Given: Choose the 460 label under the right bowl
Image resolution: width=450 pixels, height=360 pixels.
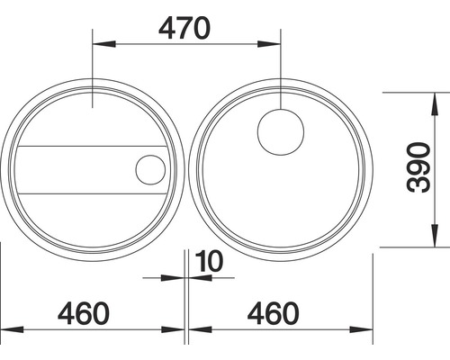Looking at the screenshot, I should coord(274,313).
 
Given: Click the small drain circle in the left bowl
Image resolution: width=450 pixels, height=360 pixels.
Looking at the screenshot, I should coord(150,169).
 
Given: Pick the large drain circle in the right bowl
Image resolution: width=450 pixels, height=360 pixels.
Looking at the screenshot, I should coord(281,132).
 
